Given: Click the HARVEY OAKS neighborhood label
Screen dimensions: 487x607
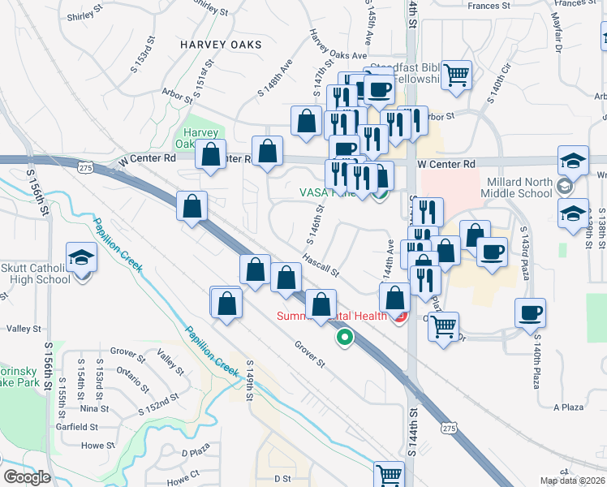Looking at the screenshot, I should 222,44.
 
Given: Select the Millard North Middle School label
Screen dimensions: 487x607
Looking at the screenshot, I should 530,187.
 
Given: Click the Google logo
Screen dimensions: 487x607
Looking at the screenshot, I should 27,477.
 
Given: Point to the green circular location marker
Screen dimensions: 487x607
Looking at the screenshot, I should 344,337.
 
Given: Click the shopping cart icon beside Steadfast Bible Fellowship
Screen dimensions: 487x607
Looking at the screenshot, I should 458,75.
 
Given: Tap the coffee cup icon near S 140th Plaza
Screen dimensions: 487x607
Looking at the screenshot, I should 530,312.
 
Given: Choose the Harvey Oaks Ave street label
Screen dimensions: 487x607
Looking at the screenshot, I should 338,55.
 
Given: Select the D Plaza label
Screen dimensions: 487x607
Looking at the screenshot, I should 196,452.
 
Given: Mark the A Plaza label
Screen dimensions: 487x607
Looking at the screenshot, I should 568,407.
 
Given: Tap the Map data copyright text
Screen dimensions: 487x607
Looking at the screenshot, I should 572,481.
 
